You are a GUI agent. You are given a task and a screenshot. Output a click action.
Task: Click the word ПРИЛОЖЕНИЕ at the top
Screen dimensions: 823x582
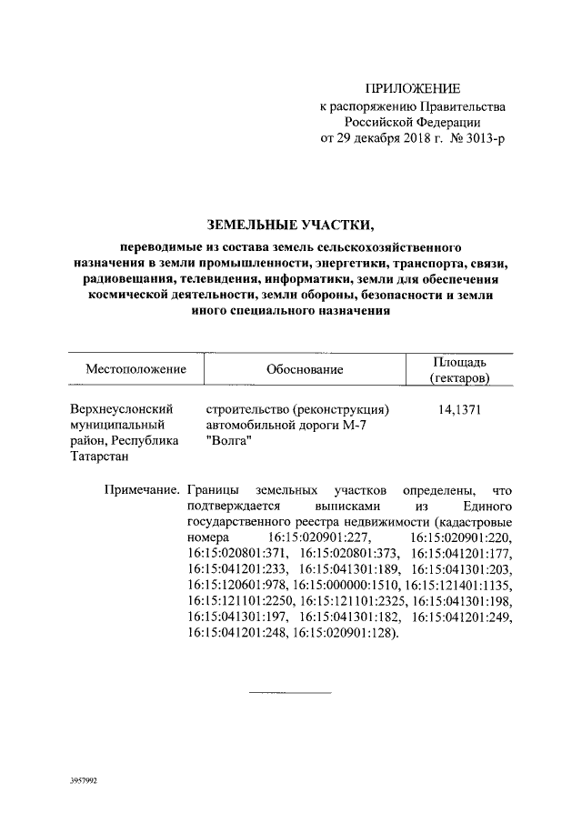click(x=413, y=88)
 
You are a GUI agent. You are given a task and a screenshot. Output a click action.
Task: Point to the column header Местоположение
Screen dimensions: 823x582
click(x=136, y=369)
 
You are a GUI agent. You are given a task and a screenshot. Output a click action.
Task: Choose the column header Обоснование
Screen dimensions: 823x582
click(x=305, y=369)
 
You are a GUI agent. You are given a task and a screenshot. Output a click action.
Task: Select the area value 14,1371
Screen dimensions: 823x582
click(x=459, y=409)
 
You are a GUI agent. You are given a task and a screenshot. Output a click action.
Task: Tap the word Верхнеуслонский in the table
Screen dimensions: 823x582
click(x=122, y=409)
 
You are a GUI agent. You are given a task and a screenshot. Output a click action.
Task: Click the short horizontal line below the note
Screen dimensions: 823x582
click(x=291, y=693)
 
